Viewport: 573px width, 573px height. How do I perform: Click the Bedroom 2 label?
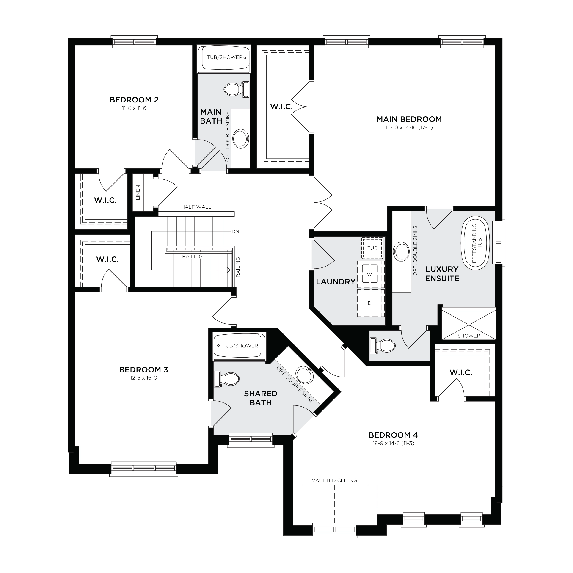(x=134, y=100)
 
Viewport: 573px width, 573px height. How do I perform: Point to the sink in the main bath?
(x=241, y=138)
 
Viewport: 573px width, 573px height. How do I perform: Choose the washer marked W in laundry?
(x=369, y=274)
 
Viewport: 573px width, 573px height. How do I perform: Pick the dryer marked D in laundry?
(x=369, y=303)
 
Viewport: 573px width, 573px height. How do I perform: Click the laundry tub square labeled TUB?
(x=372, y=248)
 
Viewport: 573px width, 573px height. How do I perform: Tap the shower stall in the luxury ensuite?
(x=469, y=324)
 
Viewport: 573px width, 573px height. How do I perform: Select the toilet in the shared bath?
(x=227, y=379)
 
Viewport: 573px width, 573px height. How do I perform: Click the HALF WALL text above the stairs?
(x=196, y=207)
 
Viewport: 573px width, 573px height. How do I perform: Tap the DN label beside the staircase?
(x=235, y=231)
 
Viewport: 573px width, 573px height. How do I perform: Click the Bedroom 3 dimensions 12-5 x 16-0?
(x=143, y=378)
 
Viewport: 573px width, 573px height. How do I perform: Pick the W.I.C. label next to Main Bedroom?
(x=281, y=107)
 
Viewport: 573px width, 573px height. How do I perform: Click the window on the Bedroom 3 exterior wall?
(x=144, y=469)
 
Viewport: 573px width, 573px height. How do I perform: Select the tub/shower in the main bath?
(x=225, y=59)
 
